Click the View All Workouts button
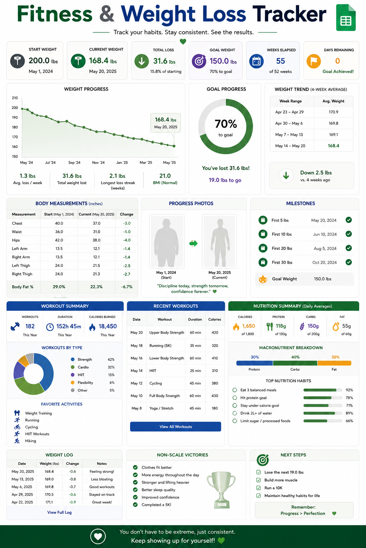(x=175, y=426)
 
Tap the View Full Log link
(x=59, y=512)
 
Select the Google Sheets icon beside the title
(x=346, y=17)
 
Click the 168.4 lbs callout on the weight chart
(x=165, y=123)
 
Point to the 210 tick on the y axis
(x=15, y=98)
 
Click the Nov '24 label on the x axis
(x=98, y=162)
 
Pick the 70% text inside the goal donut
(x=226, y=124)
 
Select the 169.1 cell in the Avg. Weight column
(x=333, y=135)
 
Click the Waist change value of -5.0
(x=127, y=232)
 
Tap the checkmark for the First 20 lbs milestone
(x=348, y=248)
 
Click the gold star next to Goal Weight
(x=263, y=279)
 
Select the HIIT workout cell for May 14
(x=153, y=371)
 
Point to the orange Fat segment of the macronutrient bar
(x=335, y=363)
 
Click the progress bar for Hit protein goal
(x=323, y=397)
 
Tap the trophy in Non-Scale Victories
(x=221, y=489)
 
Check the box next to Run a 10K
(x=258, y=488)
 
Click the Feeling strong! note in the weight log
(x=102, y=471)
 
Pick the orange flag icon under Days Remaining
(x=313, y=61)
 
